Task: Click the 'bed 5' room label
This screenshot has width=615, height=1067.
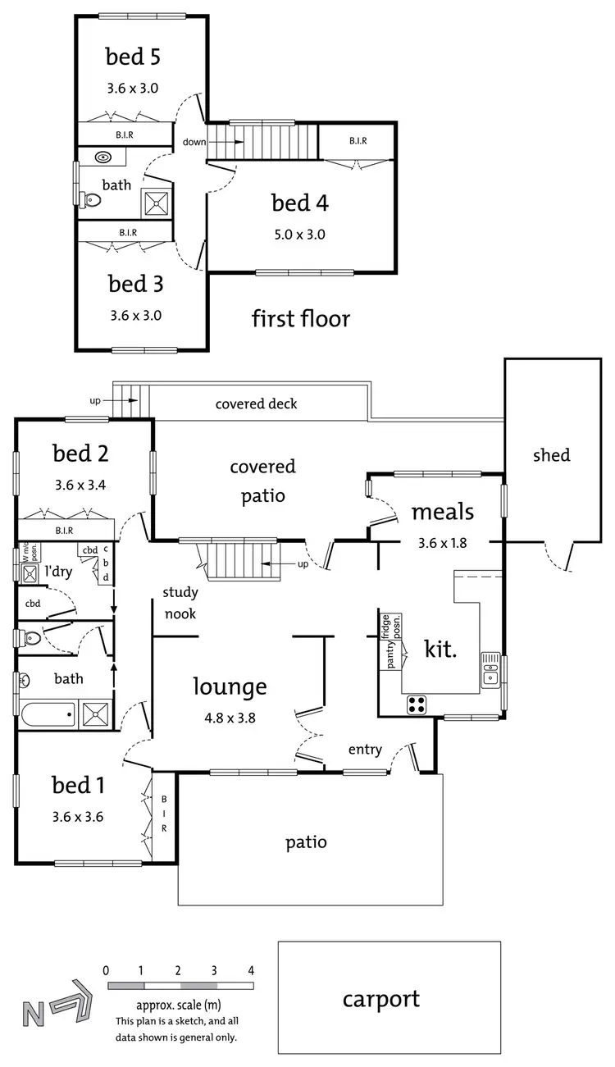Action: (x=132, y=57)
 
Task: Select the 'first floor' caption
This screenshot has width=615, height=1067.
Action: (x=300, y=318)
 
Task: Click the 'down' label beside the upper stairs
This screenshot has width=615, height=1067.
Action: (x=194, y=142)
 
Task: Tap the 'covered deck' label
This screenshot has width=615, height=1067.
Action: (x=256, y=404)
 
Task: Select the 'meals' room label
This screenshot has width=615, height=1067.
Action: (x=442, y=512)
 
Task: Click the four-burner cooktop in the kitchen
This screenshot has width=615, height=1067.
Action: (x=417, y=704)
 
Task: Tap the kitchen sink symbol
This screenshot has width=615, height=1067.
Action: (x=490, y=668)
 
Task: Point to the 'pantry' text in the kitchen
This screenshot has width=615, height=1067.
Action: (x=391, y=654)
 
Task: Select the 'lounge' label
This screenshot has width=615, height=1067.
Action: (x=230, y=686)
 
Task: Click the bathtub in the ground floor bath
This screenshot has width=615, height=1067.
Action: (x=48, y=714)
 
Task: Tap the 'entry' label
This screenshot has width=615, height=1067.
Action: (x=365, y=750)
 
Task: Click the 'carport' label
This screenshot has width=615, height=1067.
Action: (x=380, y=999)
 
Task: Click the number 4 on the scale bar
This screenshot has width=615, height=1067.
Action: (x=251, y=970)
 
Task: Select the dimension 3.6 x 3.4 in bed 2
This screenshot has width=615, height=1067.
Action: (x=80, y=484)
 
